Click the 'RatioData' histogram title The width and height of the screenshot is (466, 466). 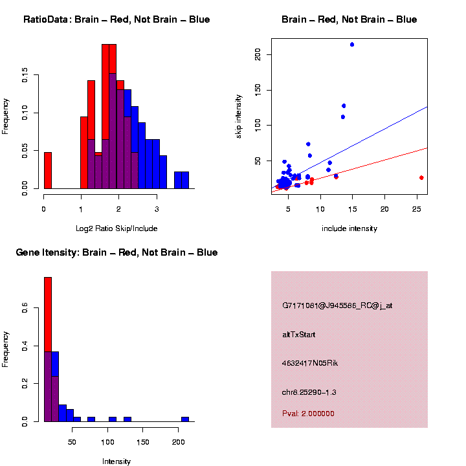[116, 20]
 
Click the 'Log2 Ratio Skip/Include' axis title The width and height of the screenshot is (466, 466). [116, 228]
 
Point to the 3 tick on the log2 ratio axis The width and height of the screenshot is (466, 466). [156, 208]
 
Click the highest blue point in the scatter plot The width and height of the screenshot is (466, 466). [352, 45]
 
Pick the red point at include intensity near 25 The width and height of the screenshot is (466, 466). [421, 177]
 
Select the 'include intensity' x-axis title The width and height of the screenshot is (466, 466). [349, 228]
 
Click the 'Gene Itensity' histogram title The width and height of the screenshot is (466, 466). [116, 252]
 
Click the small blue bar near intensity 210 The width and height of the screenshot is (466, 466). [185, 419]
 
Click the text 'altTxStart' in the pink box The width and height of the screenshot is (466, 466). [299, 335]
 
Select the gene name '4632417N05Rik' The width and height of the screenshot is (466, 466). [310, 363]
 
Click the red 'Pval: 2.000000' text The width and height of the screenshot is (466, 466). [308, 413]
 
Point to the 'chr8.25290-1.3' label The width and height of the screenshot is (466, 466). [309, 392]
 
